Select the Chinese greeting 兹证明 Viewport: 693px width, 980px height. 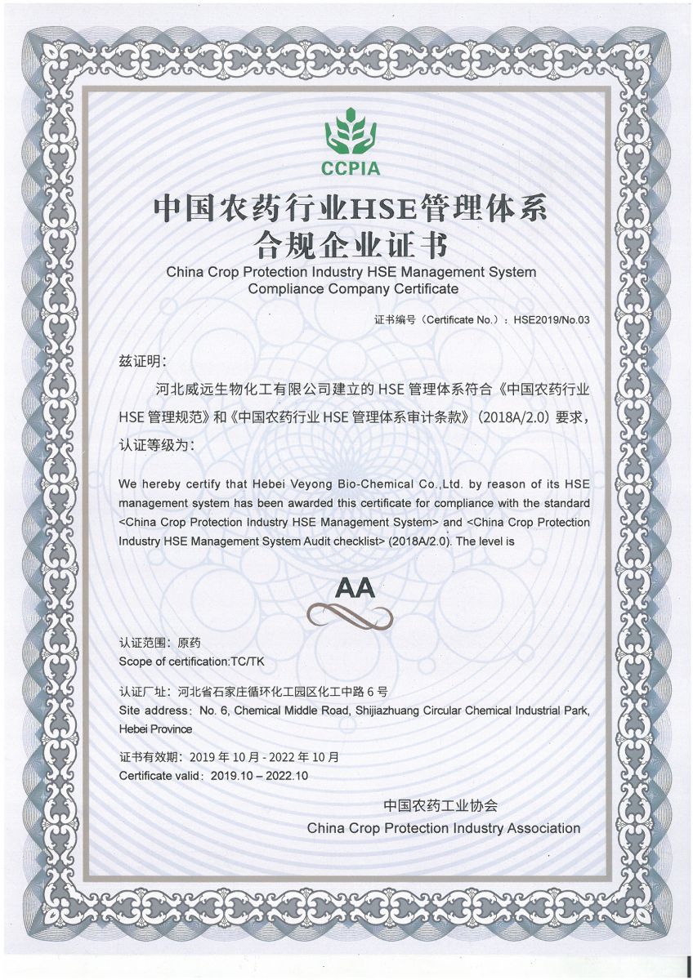point(142,361)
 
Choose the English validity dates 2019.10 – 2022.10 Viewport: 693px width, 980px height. point(259,775)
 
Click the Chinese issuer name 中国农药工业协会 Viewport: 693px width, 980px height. point(440,805)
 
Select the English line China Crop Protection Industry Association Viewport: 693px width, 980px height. point(443,828)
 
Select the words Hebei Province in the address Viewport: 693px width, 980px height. point(155,728)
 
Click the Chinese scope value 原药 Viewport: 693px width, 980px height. point(189,643)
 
